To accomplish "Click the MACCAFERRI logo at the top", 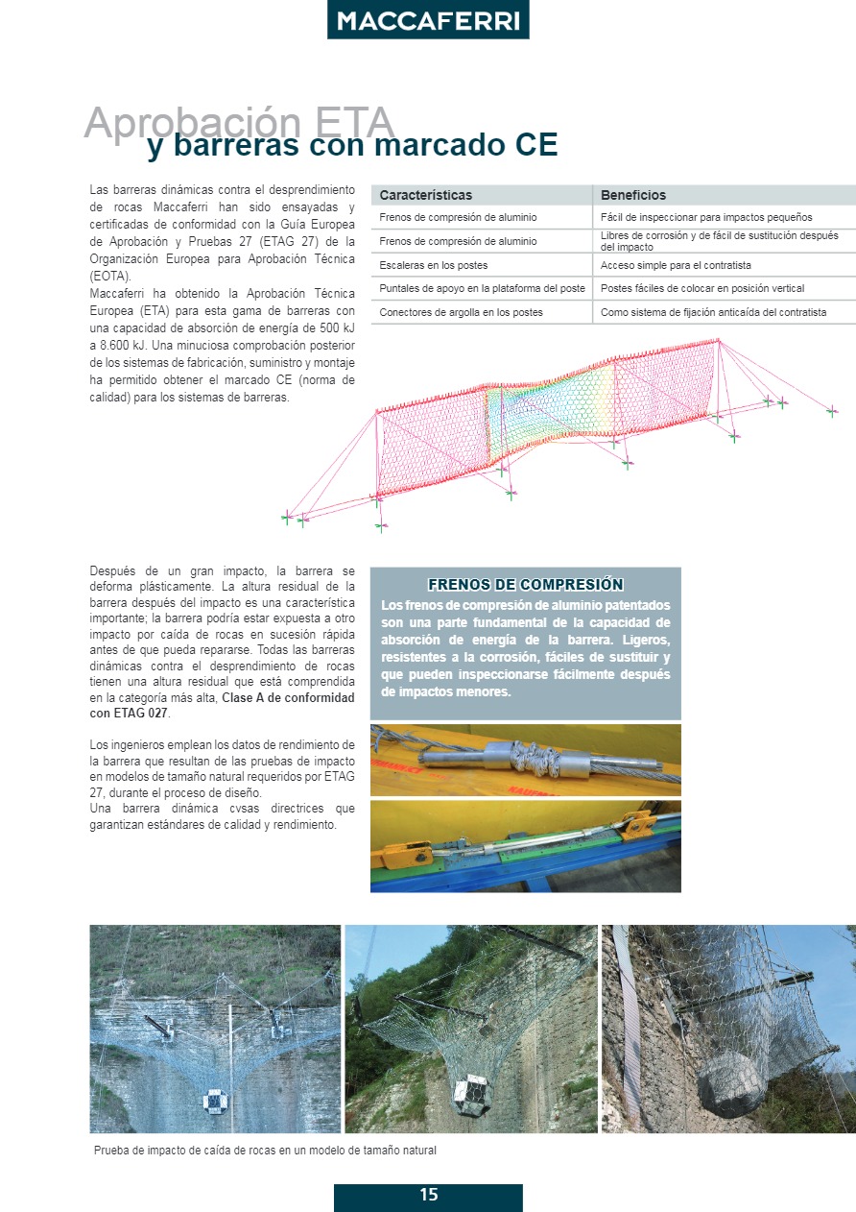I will point(428,21).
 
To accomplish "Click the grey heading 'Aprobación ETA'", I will point(239,123).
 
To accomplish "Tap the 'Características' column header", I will point(426,195).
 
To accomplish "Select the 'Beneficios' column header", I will point(633,195).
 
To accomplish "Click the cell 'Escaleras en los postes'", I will point(434,265).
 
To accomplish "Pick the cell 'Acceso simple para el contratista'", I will point(676,265).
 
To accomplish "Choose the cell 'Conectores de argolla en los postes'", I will point(461,312).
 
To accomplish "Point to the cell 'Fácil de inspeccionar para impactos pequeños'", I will point(706,218).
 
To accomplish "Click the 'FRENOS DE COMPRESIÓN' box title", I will point(525,584).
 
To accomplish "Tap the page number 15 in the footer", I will point(428,1196).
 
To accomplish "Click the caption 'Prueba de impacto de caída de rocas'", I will point(265,1151).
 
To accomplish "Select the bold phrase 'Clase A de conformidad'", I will point(288,698).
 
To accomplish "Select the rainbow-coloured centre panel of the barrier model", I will point(550,408).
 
